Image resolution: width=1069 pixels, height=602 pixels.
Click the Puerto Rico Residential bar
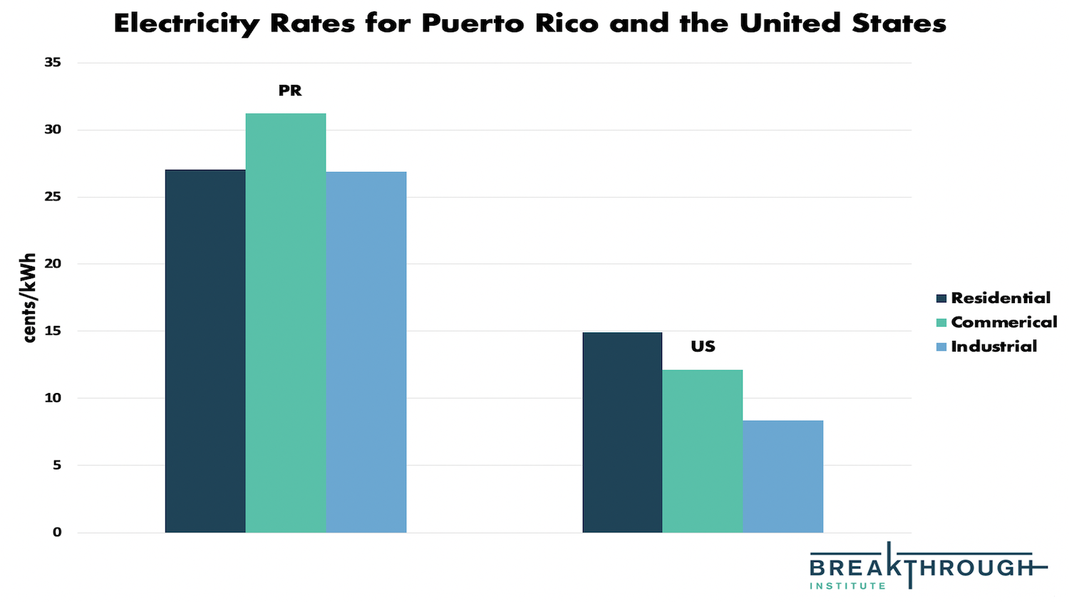[205, 351]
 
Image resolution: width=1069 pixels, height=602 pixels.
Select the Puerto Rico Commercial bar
[286, 322]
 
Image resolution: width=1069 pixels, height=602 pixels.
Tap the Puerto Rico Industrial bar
[366, 352]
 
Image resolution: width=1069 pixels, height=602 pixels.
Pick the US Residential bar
[622, 432]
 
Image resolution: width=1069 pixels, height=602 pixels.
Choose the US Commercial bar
[703, 451]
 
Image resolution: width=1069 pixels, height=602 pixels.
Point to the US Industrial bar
[783, 476]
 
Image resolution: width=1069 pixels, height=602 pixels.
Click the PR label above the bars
[290, 91]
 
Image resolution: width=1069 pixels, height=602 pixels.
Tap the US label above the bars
[703, 347]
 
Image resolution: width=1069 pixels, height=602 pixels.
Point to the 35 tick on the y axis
[53, 63]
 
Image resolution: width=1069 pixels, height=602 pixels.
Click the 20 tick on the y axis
[53, 264]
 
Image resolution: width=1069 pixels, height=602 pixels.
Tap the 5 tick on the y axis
[57, 465]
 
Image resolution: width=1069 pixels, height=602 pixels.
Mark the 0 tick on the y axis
[57, 532]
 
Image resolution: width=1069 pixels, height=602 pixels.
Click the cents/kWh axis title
[29, 297]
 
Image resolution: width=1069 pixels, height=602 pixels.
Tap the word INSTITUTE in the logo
[847, 586]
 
